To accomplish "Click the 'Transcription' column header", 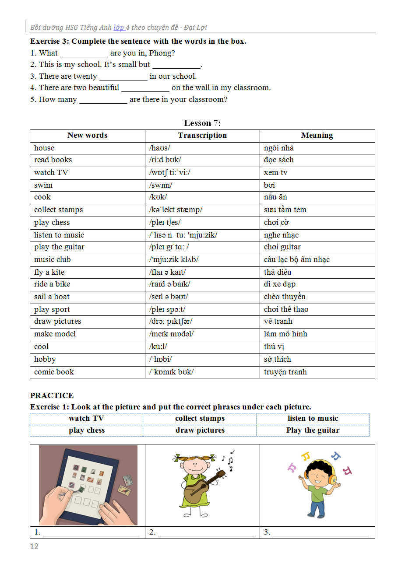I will (x=202, y=136).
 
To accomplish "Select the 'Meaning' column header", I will (x=317, y=136).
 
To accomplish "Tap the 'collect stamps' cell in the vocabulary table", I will (x=59, y=210).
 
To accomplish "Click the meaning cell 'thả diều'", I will (x=278, y=272).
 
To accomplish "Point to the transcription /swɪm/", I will (x=161, y=185).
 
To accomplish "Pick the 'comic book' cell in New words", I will (x=54, y=372).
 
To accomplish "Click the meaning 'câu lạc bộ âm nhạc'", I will (x=297, y=259).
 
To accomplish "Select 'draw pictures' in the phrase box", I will (x=200, y=430).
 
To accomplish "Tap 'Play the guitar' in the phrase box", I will (x=313, y=430).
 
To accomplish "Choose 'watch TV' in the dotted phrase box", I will (x=86, y=419).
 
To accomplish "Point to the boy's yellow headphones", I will (x=332, y=477).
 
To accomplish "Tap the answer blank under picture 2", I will (x=206, y=533).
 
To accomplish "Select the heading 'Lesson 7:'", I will (x=202, y=123).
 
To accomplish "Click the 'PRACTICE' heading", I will (x=52, y=395).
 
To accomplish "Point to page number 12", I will (x=34, y=546).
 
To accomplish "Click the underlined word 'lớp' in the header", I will (x=119, y=28).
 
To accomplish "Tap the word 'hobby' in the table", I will (x=45, y=360).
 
